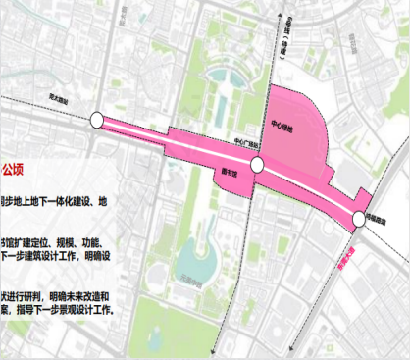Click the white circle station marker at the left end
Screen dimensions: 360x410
(x=95, y=120)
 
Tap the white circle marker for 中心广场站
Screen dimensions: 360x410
(x=256, y=165)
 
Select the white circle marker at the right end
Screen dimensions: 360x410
(x=355, y=221)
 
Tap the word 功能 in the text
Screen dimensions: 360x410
(x=105, y=241)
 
